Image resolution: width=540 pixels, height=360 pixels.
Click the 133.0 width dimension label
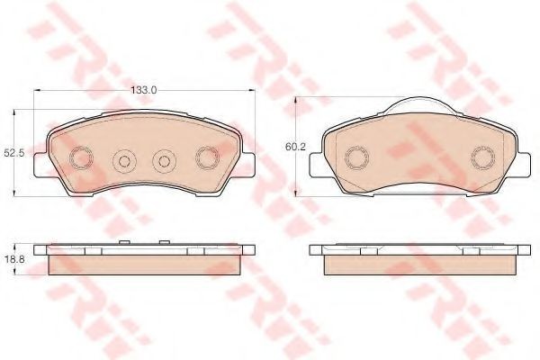point(144,90)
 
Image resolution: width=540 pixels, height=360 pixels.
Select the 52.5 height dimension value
point(14,153)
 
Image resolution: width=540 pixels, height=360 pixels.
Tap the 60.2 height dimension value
point(295,147)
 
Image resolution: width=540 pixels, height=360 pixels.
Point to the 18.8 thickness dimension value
point(14,259)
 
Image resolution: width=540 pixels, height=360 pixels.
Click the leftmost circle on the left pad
point(82,158)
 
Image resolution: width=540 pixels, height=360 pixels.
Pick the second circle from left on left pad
point(125,161)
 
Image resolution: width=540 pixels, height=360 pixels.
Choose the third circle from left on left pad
point(165,161)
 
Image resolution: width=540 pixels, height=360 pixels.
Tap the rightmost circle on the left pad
point(207,157)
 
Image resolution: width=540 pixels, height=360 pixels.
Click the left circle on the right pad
point(356,157)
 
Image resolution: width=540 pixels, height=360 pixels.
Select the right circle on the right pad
point(483,157)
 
